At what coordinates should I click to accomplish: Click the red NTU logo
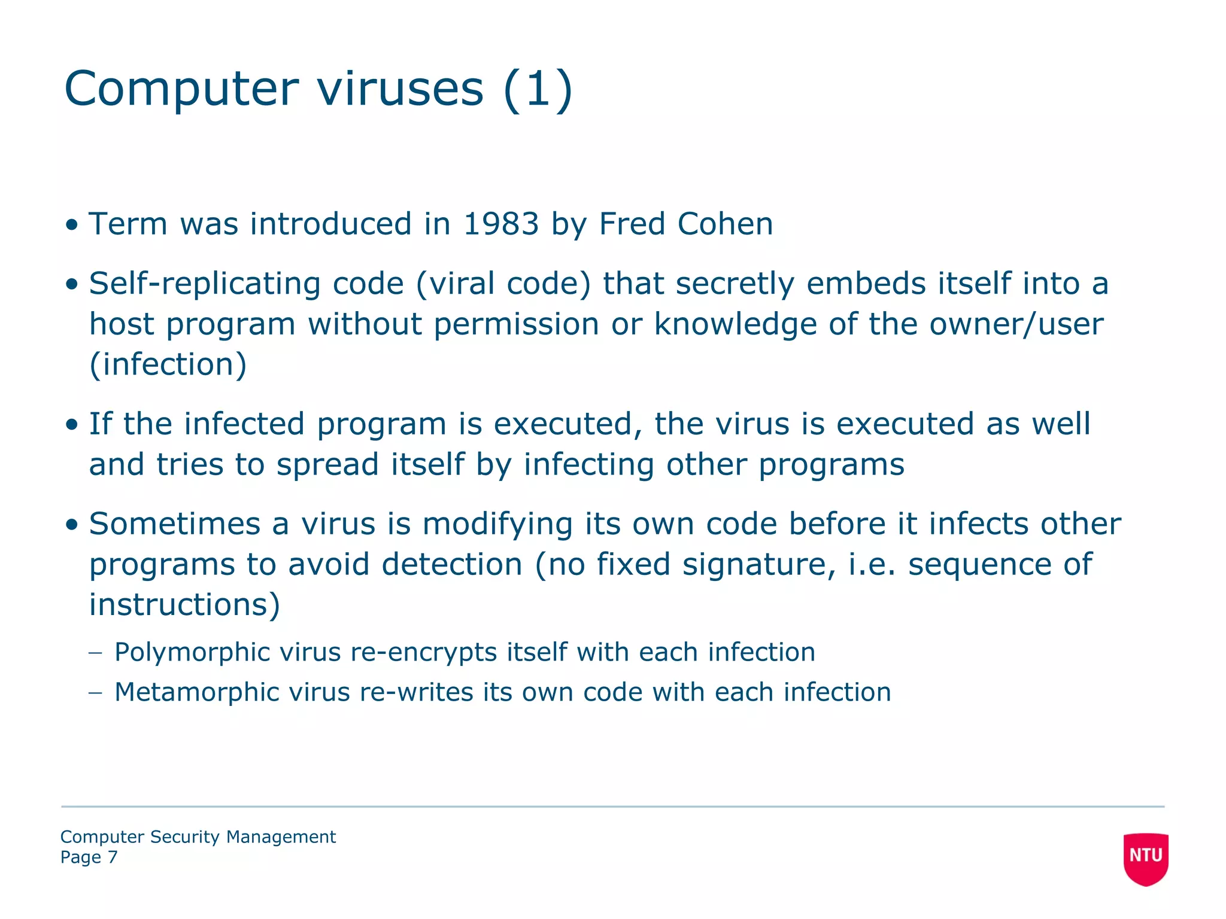1145,857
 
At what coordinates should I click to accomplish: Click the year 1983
501,224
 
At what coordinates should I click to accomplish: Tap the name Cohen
725,224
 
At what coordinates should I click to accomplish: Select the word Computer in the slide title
181,89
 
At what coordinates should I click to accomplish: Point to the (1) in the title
538,89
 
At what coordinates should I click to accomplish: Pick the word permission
516,324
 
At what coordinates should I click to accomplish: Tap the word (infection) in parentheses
168,364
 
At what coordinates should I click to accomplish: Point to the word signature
759,565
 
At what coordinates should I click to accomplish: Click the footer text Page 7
89,857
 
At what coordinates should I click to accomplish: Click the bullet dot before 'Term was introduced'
72,226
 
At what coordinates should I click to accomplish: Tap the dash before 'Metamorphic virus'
95,692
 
